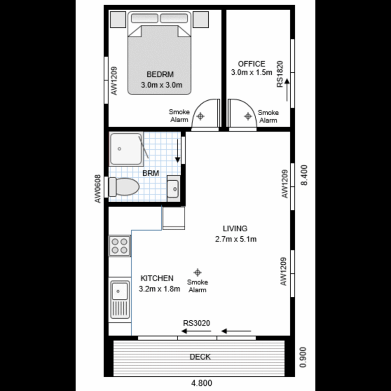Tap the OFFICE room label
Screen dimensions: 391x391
(252, 64)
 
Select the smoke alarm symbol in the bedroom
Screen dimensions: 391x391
(201, 116)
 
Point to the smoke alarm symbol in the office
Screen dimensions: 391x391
(248, 116)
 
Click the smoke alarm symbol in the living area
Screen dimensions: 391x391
(198, 272)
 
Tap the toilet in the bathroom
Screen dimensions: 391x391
(124, 187)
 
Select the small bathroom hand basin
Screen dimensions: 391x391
(174, 188)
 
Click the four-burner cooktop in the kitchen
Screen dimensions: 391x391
(120, 246)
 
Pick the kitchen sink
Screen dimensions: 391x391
(120, 300)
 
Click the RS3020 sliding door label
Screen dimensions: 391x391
(197, 322)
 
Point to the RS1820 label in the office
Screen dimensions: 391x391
(280, 74)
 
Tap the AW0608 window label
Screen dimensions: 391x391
(98, 189)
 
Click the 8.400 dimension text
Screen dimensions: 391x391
(305, 175)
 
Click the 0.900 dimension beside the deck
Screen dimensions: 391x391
(304, 358)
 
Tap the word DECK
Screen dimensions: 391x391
(200, 357)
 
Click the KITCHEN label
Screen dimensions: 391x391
(157, 278)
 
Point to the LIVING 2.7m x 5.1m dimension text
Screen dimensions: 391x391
(235, 239)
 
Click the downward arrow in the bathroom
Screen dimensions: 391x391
(178, 150)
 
